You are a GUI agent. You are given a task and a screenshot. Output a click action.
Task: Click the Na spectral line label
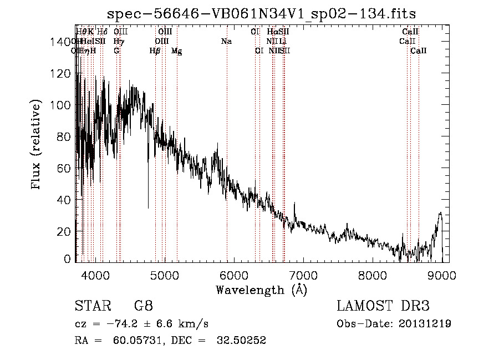click(226, 41)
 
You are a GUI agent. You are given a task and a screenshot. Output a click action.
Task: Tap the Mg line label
click(176, 51)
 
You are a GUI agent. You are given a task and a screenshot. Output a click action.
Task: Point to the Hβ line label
click(155, 51)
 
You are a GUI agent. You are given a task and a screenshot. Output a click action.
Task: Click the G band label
click(116, 51)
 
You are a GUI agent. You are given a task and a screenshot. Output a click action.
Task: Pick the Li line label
click(283, 41)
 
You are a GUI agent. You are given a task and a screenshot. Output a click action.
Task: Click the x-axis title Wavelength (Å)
click(261, 290)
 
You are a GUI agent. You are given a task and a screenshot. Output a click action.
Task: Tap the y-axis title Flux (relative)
click(37, 145)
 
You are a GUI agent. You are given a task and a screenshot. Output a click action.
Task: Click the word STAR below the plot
click(92, 306)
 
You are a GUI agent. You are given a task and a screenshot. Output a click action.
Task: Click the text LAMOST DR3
click(383, 306)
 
